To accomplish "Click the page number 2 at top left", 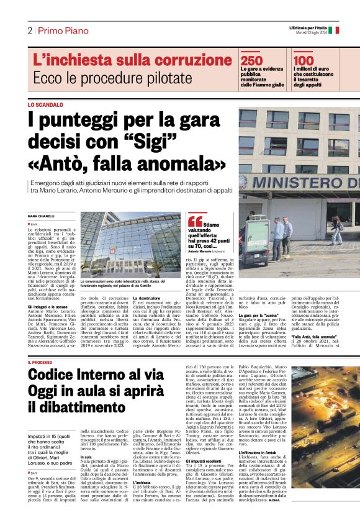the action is point(30,31).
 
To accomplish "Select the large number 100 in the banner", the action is point(305,60).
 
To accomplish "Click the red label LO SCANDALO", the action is point(45,106).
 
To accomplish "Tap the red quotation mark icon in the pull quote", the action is point(195,222).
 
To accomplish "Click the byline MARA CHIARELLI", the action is point(42,216).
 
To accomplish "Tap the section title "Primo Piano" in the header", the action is point(62,31).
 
